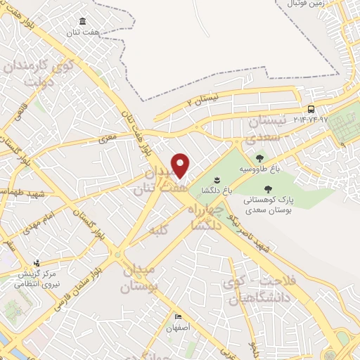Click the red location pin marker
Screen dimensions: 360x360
[x=180, y=166]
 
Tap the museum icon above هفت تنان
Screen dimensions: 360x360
[x=84, y=20]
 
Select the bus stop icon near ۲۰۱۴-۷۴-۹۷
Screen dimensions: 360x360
[x=311, y=109]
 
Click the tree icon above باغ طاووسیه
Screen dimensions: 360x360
[x=260, y=159]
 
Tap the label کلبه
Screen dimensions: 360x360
[x=155, y=229]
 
